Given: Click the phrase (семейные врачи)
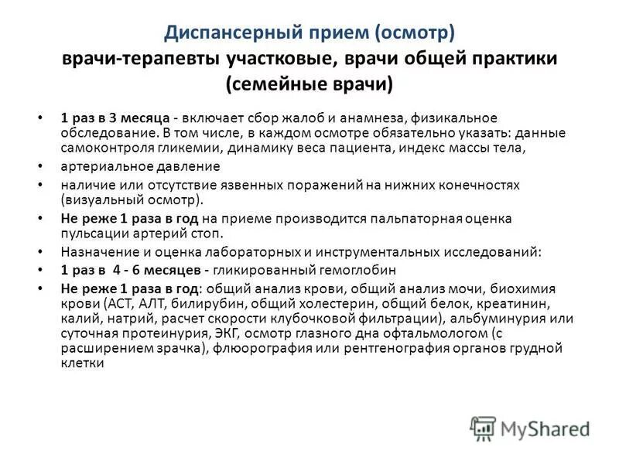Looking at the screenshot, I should coord(309,83).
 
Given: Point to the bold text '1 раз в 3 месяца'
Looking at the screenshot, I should coord(115,118).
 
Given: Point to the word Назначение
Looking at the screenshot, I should coord(98,252).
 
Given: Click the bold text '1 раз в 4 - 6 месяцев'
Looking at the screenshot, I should coord(132,270).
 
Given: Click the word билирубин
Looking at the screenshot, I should coord(196,303).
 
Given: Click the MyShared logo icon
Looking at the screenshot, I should coord(483,427).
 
